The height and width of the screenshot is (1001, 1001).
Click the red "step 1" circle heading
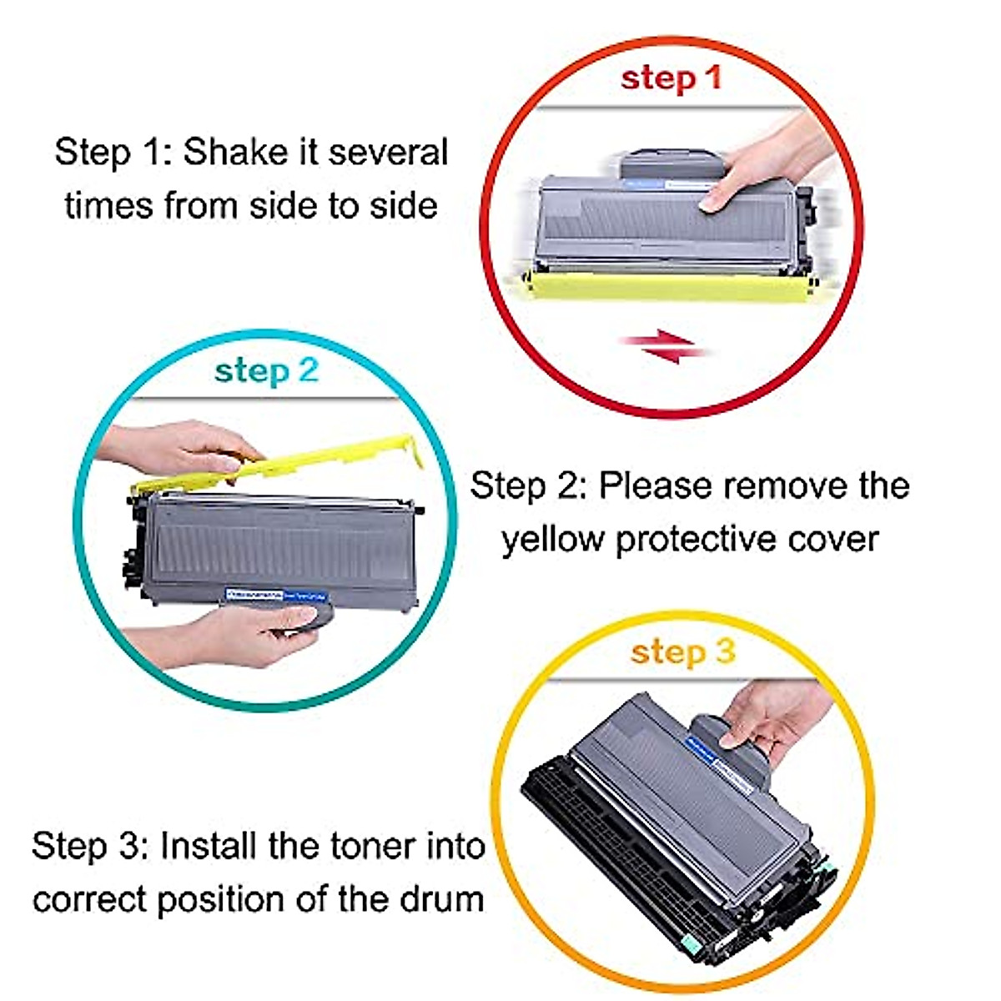pyautogui.click(x=670, y=78)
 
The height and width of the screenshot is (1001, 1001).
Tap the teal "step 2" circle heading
pyautogui.click(x=266, y=370)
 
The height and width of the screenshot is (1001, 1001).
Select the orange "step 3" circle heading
pyautogui.click(x=682, y=651)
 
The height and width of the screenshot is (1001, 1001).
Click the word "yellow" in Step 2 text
pyautogui.click(x=551, y=539)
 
